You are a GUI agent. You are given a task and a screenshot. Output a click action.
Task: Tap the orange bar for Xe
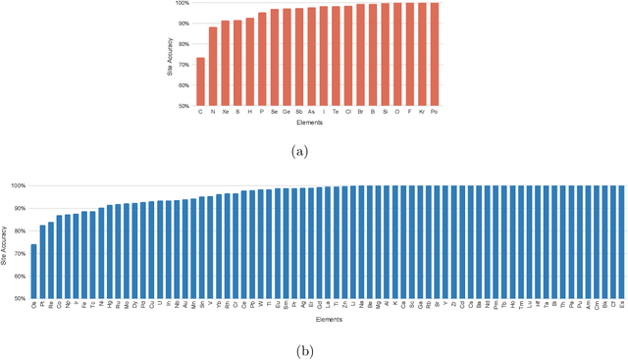[x=225, y=64]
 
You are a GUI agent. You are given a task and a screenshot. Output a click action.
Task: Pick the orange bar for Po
[x=435, y=54]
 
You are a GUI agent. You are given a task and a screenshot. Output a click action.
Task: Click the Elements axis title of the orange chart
[x=317, y=124]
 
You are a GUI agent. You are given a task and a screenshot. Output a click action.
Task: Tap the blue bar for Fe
[x=84, y=255]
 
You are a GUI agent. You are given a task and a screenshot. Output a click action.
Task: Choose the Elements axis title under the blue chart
[x=328, y=320]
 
